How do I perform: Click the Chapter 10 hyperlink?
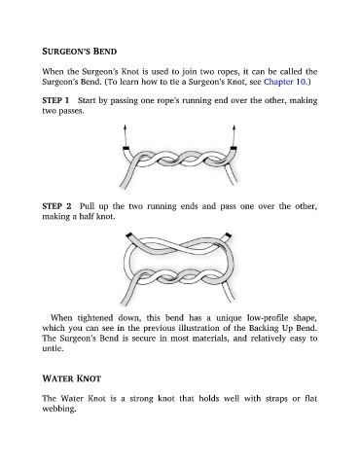(x=284, y=82)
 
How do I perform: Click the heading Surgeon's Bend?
(x=80, y=52)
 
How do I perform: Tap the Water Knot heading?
(x=72, y=378)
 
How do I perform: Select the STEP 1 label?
(x=55, y=100)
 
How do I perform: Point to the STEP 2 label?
(x=56, y=206)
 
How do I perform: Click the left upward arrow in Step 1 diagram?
(x=125, y=135)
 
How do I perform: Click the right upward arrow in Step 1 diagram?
(x=234, y=135)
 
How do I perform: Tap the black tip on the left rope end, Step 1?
(x=126, y=149)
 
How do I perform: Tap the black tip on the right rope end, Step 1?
(x=234, y=149)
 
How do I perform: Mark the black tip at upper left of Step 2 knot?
(x=129, y=234)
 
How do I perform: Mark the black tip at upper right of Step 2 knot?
(x=229, y=234)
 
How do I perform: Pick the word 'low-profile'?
(x=268, y=317)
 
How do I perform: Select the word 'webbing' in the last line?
(x=58, y=409)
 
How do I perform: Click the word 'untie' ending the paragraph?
(x=52, y=348)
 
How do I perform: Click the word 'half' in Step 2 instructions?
(x=88, y=216)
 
